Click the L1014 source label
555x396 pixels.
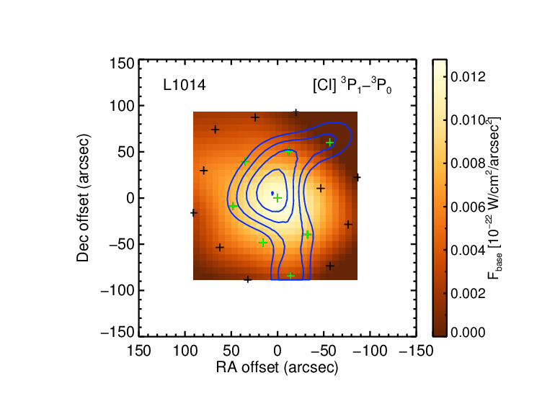(x=185, y=85)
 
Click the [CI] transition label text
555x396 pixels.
(x=352, y=85)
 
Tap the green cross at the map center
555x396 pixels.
(x=277, y=198)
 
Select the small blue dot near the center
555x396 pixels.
(x=272, y=194)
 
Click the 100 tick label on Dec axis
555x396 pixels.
(x=122, y=106)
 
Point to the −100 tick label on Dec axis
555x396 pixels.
(x=117, y=291)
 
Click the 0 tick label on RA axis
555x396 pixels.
(x=277, y=351)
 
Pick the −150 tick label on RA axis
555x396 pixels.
(x=417, y=351)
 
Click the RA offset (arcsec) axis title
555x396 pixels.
(x=277, y=368)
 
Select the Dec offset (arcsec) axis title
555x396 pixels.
(x=83, y=198)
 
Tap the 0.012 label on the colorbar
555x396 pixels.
(x=468, y=76)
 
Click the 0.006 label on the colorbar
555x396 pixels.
(x=468, y=207)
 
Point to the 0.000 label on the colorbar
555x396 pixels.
(x=468, y=333)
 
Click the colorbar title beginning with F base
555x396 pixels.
(x=494, y=198)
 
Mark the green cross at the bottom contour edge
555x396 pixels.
(x=290, y=276)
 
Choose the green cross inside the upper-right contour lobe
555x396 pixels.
(x=330, y=143)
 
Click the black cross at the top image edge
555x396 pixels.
(x=296, y=113)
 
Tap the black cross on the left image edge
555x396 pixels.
(x=194, y=213)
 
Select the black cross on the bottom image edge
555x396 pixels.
(x=248, y=279)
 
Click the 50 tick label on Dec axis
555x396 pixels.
(x=126, y=152)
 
